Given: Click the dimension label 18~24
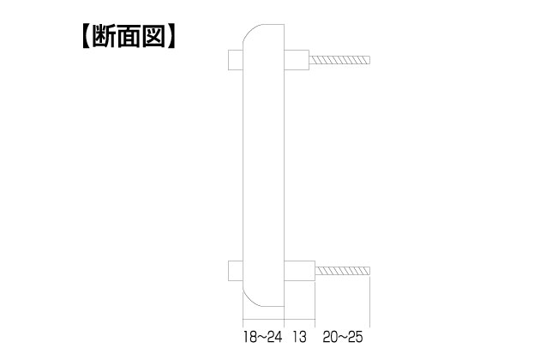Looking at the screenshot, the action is (263, 337).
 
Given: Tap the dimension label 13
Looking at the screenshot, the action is (299, 337).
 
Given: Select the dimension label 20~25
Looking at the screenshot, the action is (343, 337).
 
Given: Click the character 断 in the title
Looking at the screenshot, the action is (104, 36).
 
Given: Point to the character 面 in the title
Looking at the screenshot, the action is (129, 36).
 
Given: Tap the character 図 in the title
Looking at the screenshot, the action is (154, 36).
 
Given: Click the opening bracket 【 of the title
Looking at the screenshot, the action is (86, 36).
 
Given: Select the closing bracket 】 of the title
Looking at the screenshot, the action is (171, 36).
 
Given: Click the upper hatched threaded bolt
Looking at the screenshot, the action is (339, 60).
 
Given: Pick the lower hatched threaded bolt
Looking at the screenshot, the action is (343, 271).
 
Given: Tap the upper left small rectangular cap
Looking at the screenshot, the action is (236, 60).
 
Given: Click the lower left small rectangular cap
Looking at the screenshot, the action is (236, 271).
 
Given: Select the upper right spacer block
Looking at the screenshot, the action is (297, 60).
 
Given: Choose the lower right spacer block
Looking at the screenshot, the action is (300, 271).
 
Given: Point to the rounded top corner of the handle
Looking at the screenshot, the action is (250, 30).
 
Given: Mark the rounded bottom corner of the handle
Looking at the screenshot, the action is (250, 300).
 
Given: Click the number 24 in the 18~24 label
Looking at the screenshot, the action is (274, 337).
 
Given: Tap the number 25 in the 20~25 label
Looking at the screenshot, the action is (355, 337).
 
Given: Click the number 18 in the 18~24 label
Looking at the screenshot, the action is (250, 337).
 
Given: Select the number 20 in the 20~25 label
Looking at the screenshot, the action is (330, 337).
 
